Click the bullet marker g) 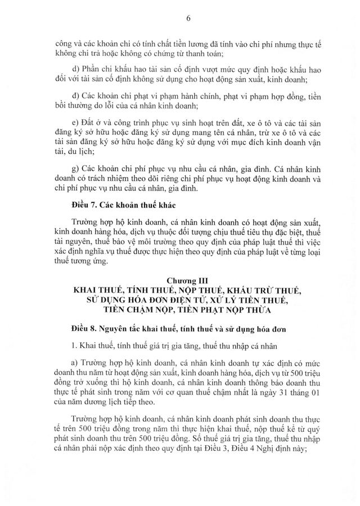click(x=76, y=168)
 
